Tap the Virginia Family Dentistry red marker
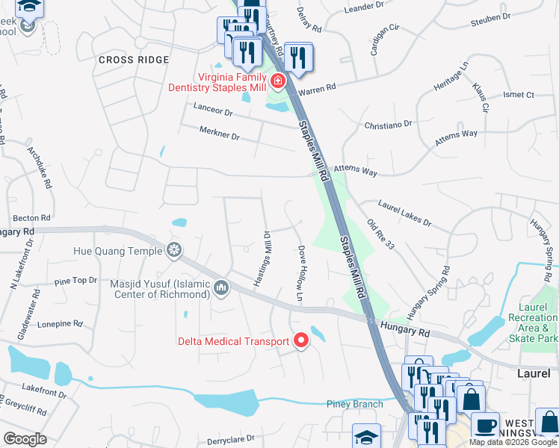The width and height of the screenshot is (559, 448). tap(278, 81)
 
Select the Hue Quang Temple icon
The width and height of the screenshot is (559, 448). tap(174, 249)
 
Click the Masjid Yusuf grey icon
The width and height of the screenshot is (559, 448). tap(220, 287)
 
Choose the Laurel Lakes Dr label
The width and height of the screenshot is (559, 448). tap(405, 212)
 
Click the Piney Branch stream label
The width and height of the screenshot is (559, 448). tap(355, 404)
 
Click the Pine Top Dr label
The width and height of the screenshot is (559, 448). tap(75, 281)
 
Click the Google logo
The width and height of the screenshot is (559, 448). tap(25, 439)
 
